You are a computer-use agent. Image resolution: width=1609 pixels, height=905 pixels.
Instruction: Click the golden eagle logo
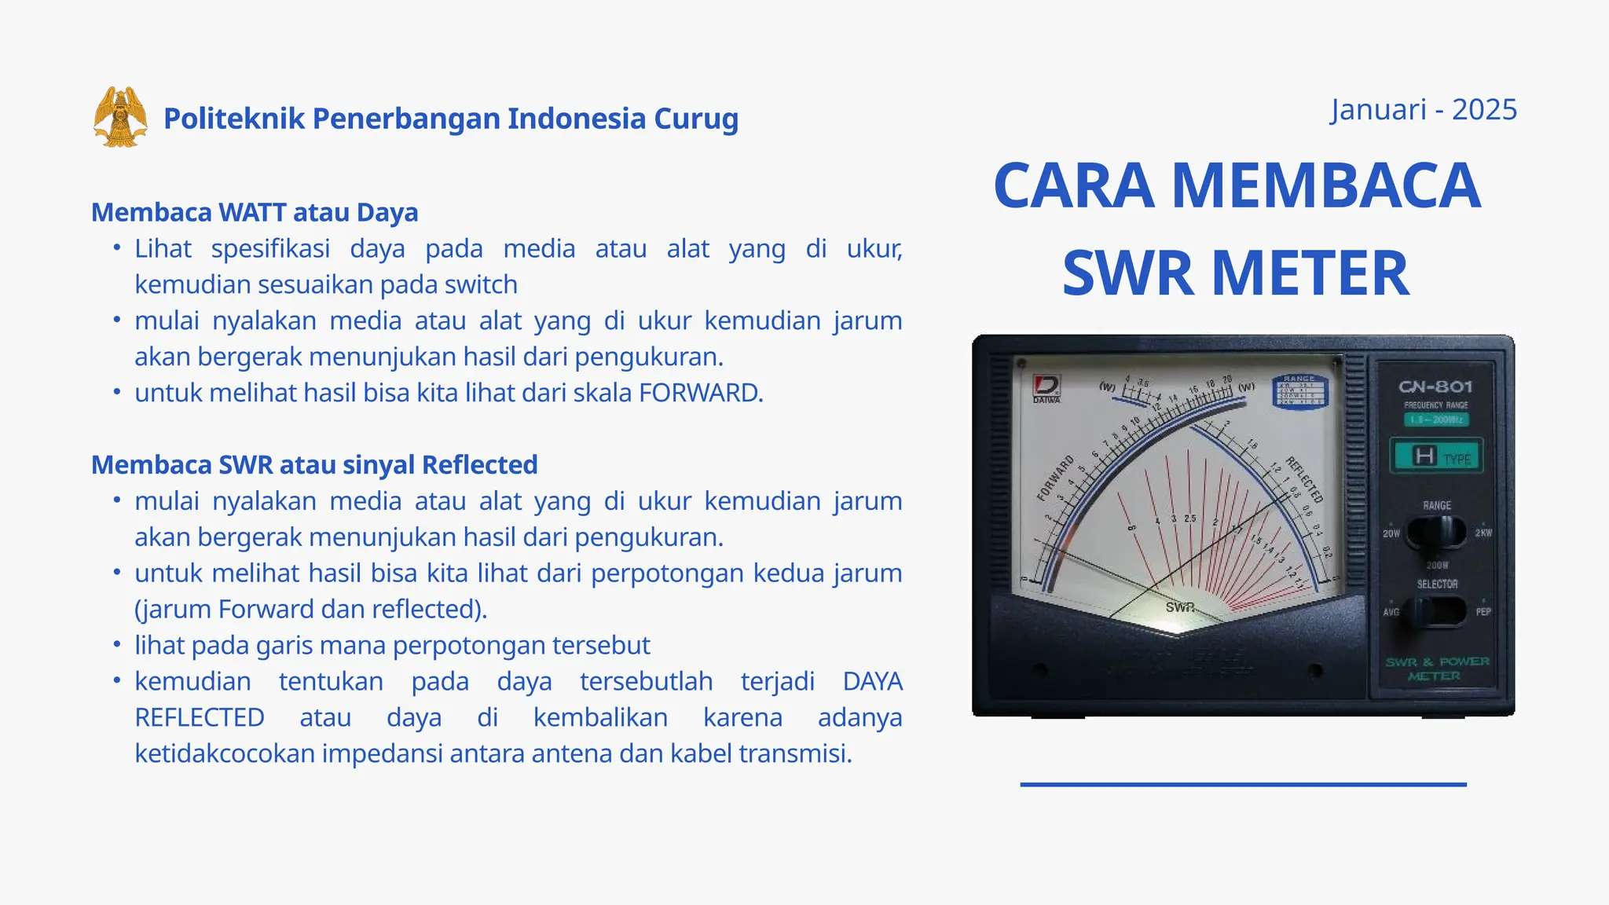click(x=120, y=117)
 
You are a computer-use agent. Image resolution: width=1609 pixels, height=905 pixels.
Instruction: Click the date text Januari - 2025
click(x=1424, y=110)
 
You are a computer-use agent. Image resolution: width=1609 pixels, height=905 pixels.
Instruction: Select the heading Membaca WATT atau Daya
click(x=255, y=212)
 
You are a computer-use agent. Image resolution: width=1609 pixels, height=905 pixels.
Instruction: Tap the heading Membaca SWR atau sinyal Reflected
click(x=314, y=464)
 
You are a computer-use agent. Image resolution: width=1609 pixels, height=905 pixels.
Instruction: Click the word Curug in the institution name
click(x=696, y=119)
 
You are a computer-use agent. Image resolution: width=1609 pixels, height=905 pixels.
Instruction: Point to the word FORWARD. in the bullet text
click(x=701, y=392)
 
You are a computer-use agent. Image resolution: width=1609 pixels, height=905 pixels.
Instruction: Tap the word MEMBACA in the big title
click(x=1325, y=185)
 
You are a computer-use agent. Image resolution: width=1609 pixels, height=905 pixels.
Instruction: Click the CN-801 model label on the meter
click(x=1435, y=387)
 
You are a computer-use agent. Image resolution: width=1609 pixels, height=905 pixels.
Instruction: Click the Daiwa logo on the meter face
click(x=1046, y=387)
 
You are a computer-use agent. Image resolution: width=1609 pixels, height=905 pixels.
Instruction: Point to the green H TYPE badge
click(x=1436, y=456)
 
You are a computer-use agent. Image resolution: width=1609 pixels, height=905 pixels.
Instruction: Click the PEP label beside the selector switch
click(x=1483, y=611)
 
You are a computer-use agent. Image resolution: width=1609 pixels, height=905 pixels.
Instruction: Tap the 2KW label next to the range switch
click(x=1483, y=533)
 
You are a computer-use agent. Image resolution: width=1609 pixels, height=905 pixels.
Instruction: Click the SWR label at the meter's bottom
click(x=1180, y=607)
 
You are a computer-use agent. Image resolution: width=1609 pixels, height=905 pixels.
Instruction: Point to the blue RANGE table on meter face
click(x=1299, y=392)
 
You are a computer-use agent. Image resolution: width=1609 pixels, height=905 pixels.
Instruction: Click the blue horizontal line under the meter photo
click(x=1243, y=784)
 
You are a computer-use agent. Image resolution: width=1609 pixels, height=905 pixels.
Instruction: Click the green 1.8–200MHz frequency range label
click(x=1435, y=420)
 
